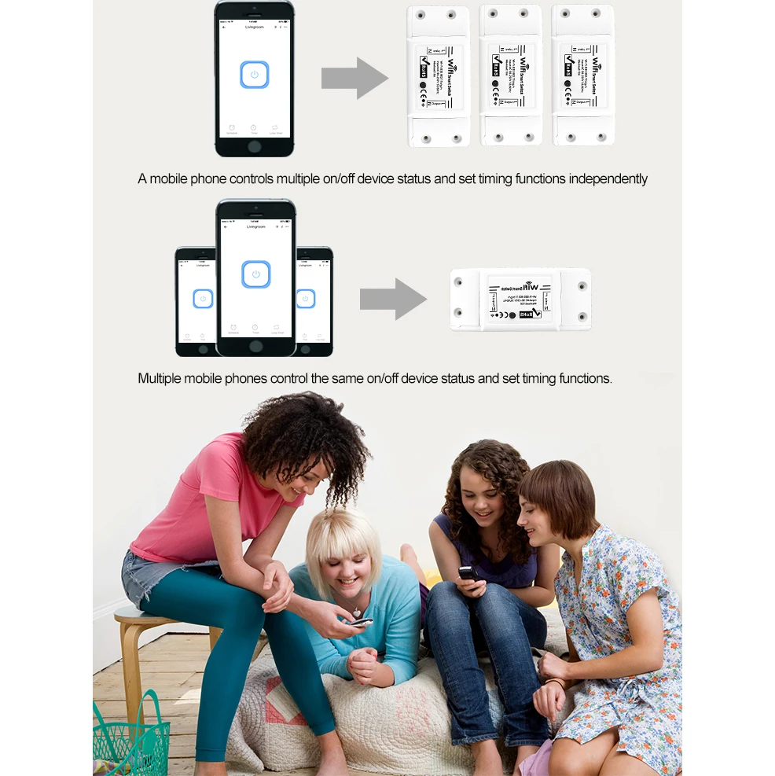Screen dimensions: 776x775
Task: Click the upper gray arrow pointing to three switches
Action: pos(354,78)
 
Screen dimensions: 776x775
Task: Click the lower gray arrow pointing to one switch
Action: pos(392,299)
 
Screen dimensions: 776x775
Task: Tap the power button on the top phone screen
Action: pos(255,75)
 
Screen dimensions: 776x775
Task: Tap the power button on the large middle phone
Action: pos(256,274)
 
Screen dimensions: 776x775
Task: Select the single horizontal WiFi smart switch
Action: pos(520,300)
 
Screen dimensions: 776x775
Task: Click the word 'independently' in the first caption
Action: pos(608,179)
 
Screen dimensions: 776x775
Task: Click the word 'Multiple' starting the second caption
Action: pos(162,378)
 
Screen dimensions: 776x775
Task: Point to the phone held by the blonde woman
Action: pos(361,622)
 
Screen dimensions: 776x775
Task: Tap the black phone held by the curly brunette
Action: pos(468,574)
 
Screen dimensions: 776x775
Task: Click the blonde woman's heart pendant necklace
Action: pos(358,611)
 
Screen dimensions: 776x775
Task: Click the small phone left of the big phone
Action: pos(196,301)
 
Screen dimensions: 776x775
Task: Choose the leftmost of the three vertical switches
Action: pos(437,76)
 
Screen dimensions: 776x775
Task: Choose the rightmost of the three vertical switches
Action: pos(582,75)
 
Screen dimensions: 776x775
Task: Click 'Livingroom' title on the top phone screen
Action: pos(255,27)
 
